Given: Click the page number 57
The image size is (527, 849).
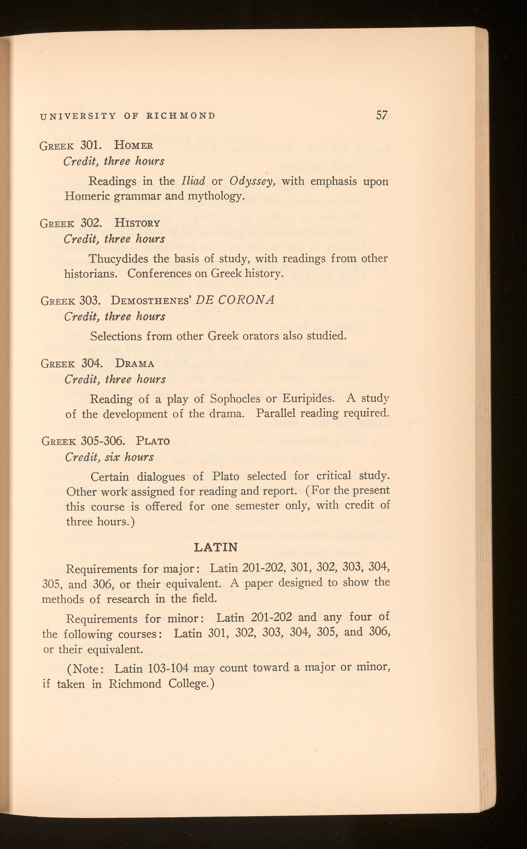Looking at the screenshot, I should coord(382,115).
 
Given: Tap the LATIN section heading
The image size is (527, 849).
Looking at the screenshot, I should coord(216,547).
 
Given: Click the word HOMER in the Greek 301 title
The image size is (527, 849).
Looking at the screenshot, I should coord(133,145).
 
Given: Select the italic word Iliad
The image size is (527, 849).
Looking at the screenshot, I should coord(194,181).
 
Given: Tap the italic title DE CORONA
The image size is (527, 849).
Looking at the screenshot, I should coord(235,300).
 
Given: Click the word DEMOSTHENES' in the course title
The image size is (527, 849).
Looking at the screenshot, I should coord(151,301).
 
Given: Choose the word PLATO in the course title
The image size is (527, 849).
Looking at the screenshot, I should coord(153,441).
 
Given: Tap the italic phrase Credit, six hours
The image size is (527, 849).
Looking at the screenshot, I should coord(109,457).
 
